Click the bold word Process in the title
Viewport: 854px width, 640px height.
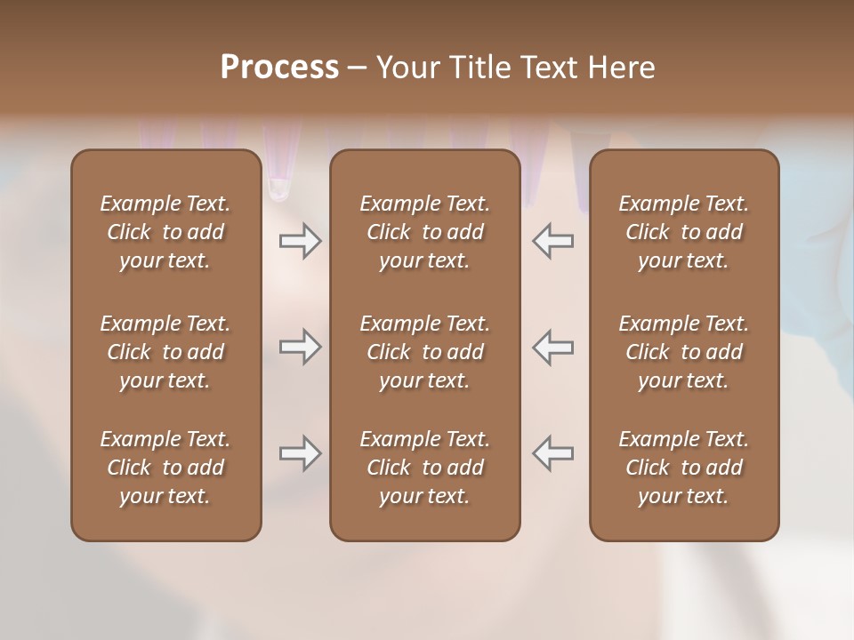[279, 68]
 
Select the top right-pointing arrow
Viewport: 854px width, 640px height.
[300, 241]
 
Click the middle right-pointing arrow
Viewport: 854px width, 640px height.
[300, 347]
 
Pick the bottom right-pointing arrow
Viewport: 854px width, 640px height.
[300, 453]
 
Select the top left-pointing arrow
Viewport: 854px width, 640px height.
[553, 241]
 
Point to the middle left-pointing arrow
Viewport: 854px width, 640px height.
[553, 347]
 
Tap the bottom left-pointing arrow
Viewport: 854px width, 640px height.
[553, 453]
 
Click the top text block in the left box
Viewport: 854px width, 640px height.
[165, 232]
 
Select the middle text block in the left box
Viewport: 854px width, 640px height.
[165, 352]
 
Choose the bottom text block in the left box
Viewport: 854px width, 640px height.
[165, 468]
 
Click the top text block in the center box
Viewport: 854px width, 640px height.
[424, 232]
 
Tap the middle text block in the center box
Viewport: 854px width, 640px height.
[424, 352]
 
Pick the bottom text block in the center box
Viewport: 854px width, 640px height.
[424, 468]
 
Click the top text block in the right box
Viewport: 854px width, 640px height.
[683, 232]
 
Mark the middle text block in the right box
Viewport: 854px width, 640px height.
[683, 352]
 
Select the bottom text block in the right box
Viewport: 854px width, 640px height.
[683, 468]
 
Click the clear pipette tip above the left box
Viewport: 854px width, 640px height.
[278, 182]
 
